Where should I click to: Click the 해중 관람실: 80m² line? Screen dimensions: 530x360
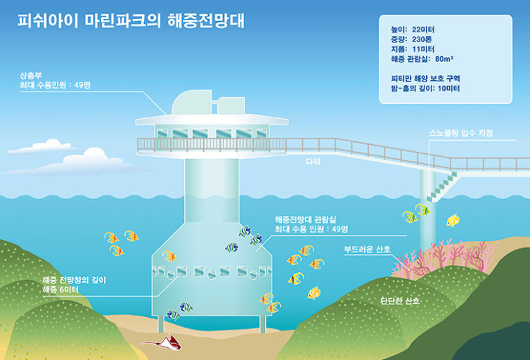[x=425, y=60]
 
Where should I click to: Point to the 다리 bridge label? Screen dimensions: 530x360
[x=314, y=162]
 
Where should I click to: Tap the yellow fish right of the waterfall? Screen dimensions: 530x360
[x=453, y=221]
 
